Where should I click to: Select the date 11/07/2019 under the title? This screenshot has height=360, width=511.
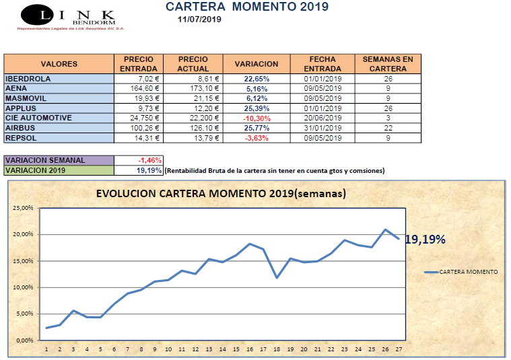click(199, 20)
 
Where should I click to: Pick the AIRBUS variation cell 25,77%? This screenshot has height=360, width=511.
click(256, 128)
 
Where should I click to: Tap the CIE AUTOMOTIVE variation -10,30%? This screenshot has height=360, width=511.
click(256, 118)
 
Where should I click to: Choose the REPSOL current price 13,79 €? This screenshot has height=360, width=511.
click(193, 138)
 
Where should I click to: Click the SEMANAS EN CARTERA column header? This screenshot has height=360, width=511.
click(388, 64)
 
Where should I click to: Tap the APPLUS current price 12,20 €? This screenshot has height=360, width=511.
click(193, 108)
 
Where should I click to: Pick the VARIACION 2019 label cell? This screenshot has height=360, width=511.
click(59, 170)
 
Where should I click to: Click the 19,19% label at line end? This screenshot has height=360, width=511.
click(425, 239)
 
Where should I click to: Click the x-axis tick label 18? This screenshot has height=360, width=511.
click(277, 349)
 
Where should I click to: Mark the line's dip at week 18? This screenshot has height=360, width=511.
click(277, 277)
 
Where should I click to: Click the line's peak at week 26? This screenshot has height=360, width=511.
click(386, 229)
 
